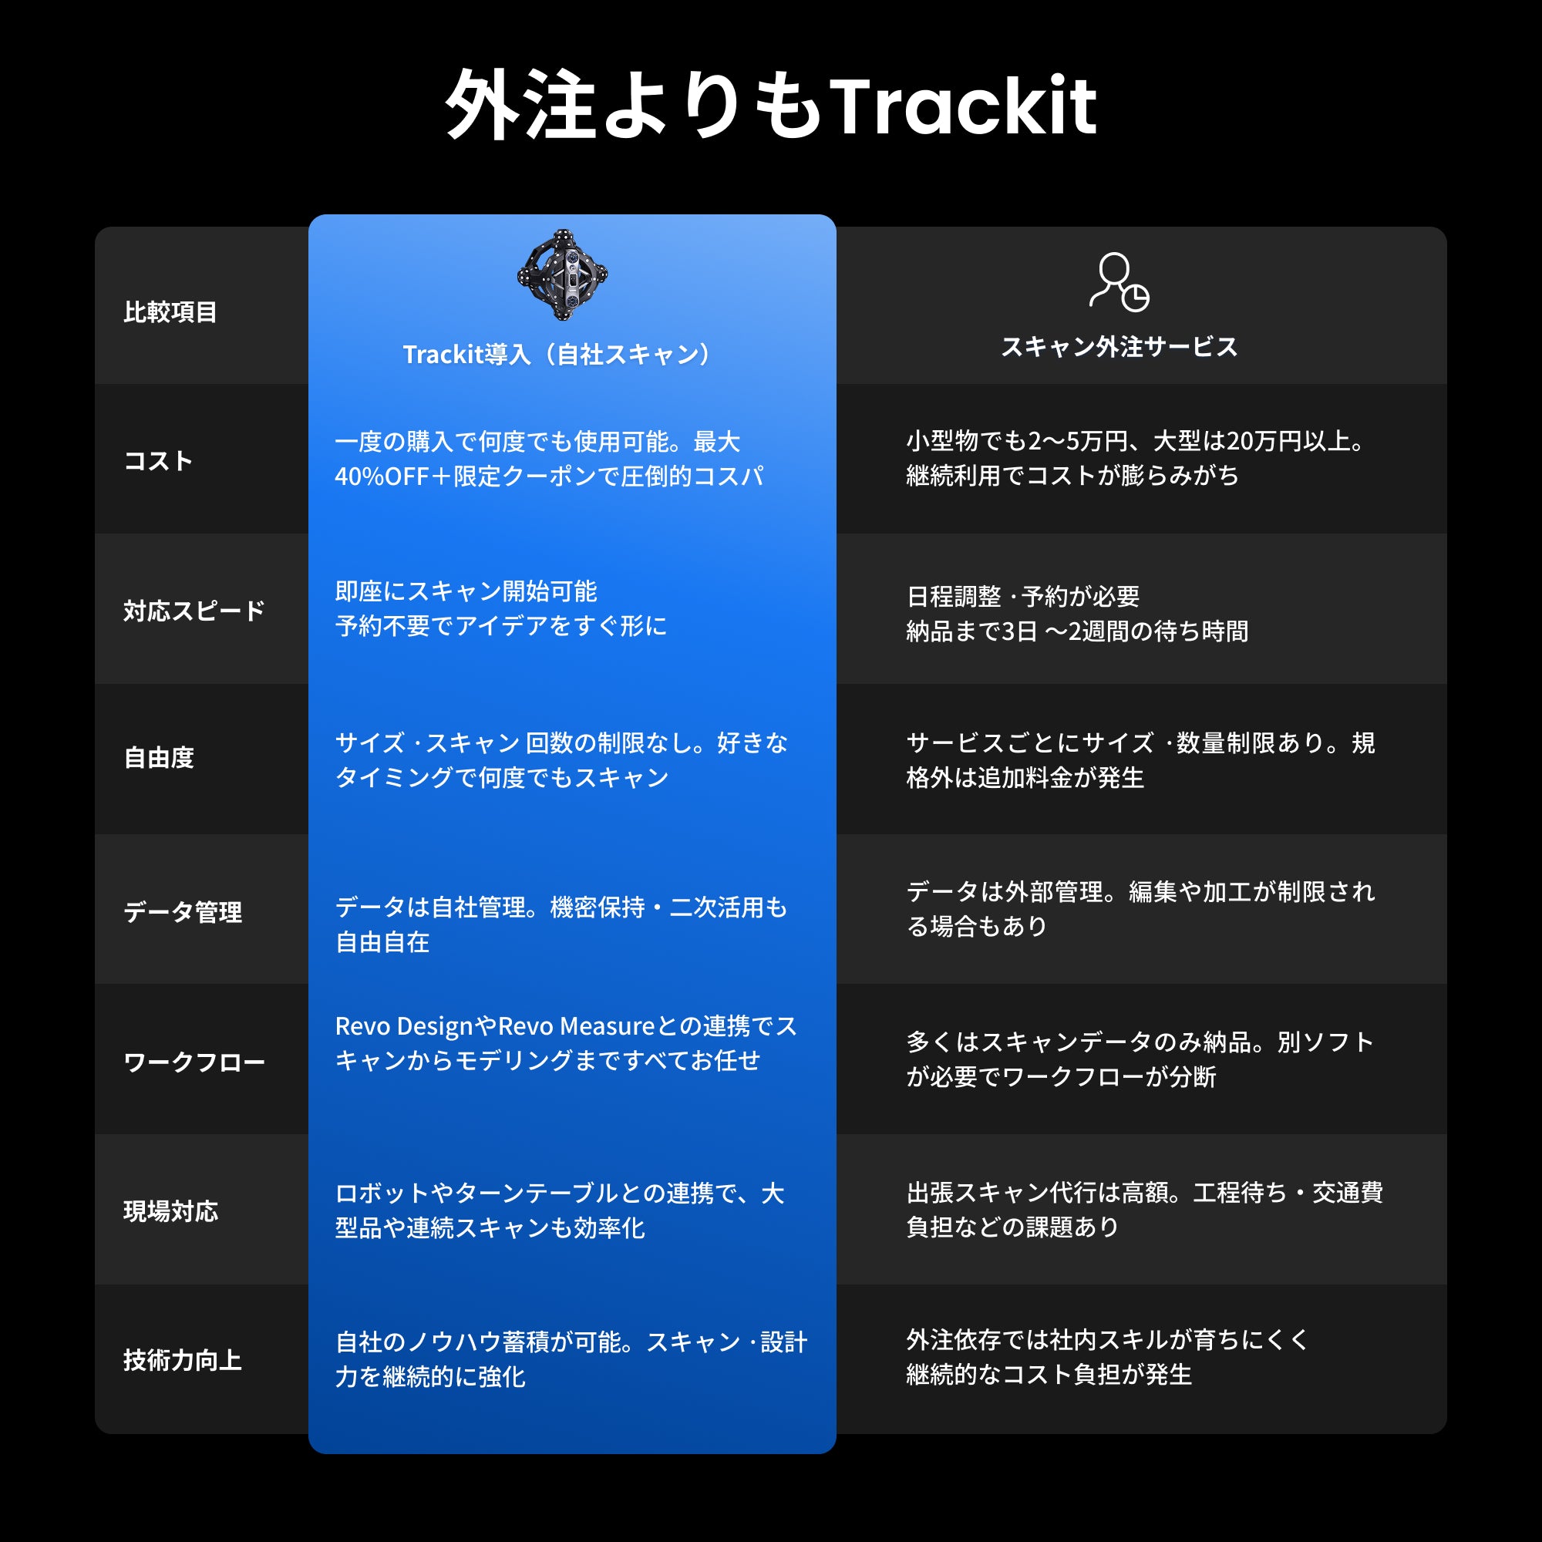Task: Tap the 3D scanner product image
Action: coord(562,274)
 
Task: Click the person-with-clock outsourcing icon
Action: coord(1119,281)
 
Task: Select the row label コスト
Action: coord(158,460)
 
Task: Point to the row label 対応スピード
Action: coord(194,611)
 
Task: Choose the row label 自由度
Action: coord(159,757)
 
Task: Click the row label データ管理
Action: coord(182,911)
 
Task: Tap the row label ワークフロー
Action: coord(194,1062)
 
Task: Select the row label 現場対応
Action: coord(170,1210)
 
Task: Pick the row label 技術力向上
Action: coord(182,1360)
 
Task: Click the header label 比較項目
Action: coord(170,312)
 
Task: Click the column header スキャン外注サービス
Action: coord(1119,346)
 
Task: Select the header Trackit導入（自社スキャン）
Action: coord(557,355)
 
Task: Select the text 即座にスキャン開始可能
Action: coord(466,591)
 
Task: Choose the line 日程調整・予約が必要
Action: coord(1023,596)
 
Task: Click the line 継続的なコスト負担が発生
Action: coord(1049,1375)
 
